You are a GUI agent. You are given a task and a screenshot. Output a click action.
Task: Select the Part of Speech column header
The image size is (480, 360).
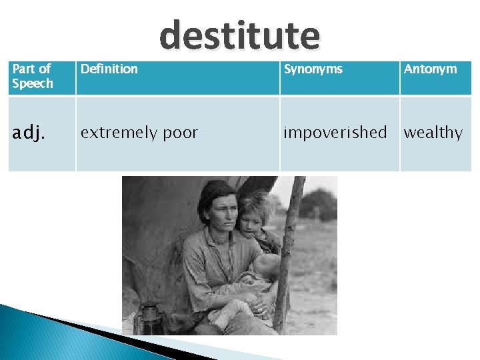pos(32,76)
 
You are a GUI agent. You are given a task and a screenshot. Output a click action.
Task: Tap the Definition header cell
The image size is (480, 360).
pos(109,69)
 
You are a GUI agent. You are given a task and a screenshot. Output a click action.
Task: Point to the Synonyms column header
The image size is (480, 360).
pos(313,69)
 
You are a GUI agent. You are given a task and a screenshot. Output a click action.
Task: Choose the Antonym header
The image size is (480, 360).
pos(431,69)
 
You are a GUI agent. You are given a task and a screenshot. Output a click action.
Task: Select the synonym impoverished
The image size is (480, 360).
pos(335,132)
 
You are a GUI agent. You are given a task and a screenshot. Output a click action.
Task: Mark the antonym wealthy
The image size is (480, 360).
pos(433,133)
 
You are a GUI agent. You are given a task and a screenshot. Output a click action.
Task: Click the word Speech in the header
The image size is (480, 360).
pos(32,83)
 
